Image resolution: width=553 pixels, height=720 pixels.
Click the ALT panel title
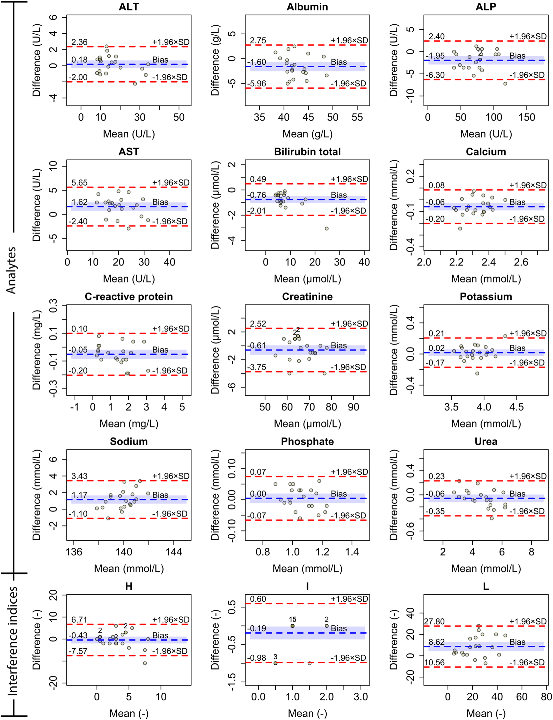point(129,7)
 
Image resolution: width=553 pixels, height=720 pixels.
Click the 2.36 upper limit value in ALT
point(79,42)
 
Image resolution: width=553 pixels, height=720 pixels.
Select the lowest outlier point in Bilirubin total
point(327,229)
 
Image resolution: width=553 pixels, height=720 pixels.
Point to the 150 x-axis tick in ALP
point(527,117)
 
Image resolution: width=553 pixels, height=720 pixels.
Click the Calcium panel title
point(486,152)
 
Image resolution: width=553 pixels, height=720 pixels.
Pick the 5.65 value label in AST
point(79,183)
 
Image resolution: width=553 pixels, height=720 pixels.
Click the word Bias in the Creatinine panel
point(339,346)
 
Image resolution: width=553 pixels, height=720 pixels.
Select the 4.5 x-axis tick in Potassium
point(516,407)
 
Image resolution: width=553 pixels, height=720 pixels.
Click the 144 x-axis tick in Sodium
point(174,552)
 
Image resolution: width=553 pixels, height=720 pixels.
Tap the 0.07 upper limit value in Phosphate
point(258,472)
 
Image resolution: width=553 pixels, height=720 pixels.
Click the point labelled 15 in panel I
point(292,626)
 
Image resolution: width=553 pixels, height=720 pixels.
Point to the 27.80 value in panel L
point(434,622)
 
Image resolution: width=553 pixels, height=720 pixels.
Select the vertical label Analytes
point(11,270)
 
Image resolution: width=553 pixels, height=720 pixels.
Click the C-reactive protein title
point(129,297)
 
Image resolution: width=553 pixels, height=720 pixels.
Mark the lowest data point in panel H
point(145,663)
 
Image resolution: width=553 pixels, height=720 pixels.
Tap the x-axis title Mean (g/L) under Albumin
point(307,134)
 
